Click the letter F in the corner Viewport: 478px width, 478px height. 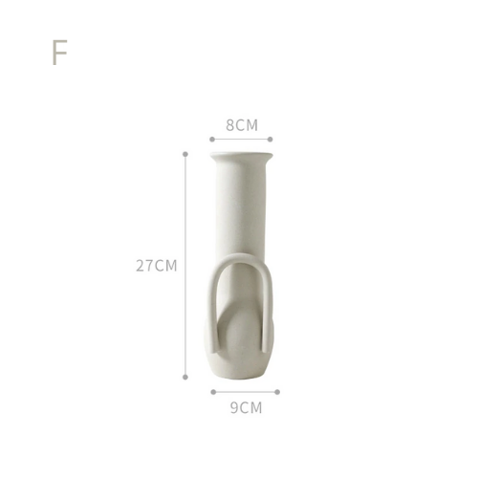(x=59, y=53)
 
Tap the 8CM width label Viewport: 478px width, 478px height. (x=242, y=125)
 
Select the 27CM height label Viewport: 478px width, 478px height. (x=157, y=266)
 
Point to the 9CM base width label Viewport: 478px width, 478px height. (x=246, y=408)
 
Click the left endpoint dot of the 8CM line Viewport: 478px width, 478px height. (x=212, y=140)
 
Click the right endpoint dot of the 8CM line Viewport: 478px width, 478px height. (x=270, y=140)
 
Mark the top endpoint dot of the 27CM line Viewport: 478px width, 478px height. (x=185, y=154)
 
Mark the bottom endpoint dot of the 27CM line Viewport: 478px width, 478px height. (x=185, y=378)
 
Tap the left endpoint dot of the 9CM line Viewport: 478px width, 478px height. (x=213, y=392)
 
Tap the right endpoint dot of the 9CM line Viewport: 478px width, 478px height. (x=277, y=392)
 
